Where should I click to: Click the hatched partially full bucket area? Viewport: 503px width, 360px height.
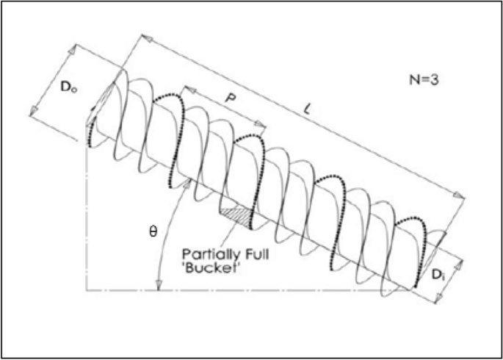click(x=236, y=215)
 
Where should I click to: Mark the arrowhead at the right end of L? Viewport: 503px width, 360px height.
click(x=461, y=195)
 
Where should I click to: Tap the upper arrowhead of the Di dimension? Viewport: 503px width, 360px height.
click(x=460, y=260)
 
